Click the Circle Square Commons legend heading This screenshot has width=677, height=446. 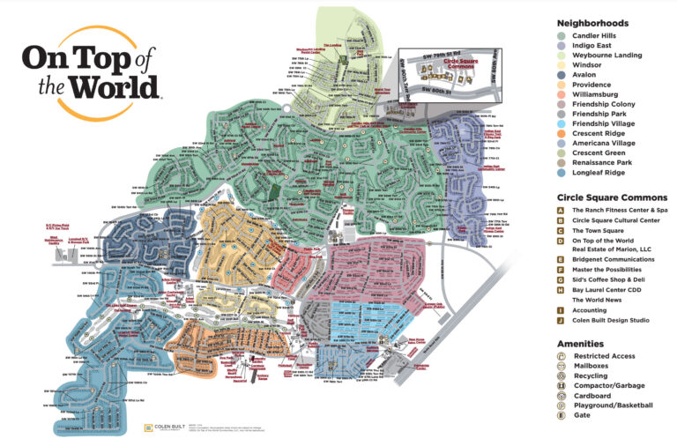pos(611,197)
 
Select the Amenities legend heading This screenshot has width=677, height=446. pos(580,344)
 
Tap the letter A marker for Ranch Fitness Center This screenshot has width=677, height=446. pos(561,212)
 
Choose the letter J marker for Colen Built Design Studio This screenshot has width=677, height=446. pos(561,323)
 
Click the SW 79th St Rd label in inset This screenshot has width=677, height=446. pos(438,54)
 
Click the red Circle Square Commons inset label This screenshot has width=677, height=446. pos(444,67)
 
